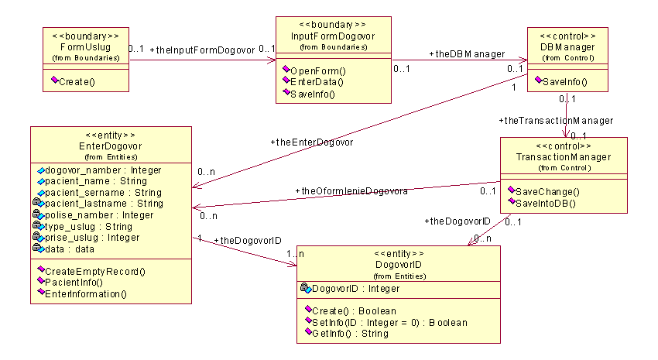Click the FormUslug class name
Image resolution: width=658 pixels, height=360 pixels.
[85, 47]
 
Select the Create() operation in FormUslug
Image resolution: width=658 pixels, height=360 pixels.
[77, 81]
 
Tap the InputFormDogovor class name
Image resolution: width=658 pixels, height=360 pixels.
[334, 36]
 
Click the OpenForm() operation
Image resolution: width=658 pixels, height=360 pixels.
[317, 70]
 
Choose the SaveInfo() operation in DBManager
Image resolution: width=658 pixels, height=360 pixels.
[564, 81]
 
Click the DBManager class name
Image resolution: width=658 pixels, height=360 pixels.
[567, 47]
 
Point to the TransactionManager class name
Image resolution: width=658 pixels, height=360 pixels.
[564, 157]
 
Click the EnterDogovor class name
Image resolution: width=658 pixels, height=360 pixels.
[111, 146]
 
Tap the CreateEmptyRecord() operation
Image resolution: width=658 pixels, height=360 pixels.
[95, 272]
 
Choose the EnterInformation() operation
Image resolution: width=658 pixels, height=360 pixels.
[86, 294]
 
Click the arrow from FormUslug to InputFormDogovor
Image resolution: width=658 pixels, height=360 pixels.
[201, 58]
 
